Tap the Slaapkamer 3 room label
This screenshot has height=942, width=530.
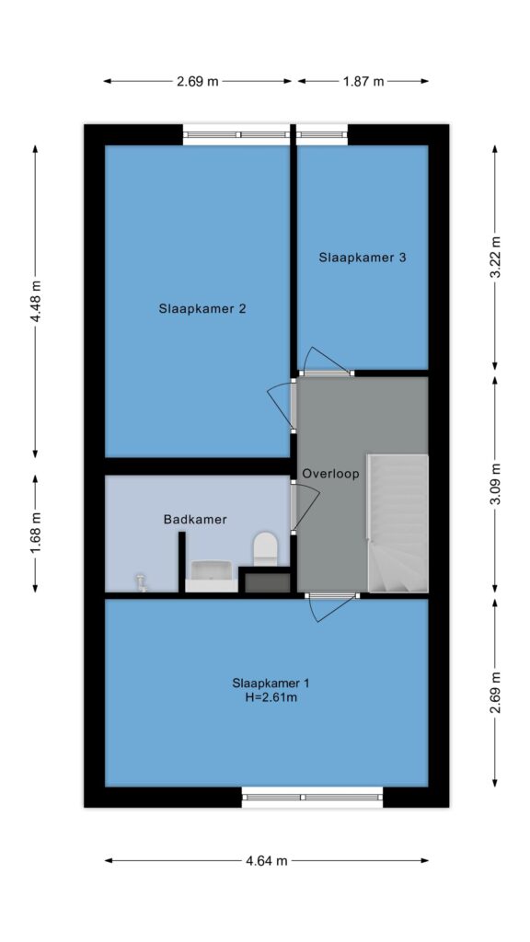coord(363,258)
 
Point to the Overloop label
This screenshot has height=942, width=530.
coord(330,474)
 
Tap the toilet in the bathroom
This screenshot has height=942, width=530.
coord(265,548)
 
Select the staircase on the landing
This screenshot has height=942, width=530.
coord(397,523)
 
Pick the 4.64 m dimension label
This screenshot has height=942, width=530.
coord(266,860)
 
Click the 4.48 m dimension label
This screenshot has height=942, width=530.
coord(36,301)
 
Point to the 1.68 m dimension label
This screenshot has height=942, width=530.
coord(36,533)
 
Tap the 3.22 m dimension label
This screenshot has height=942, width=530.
coord(495,258)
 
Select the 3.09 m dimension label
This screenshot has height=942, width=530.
coord(495,485)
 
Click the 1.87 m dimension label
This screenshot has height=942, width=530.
coord(363,81)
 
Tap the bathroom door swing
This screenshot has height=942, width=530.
coord(305,507)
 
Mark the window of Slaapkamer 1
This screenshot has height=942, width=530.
coord(312,798)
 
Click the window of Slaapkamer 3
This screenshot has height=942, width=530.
coord(322,134)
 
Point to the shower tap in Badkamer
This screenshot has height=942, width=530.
coord(141,582)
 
